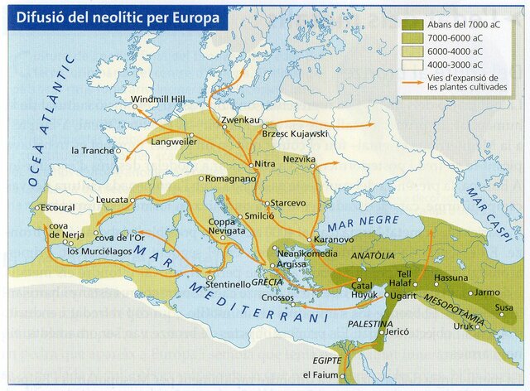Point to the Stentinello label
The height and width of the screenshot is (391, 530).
(x=224, y=284)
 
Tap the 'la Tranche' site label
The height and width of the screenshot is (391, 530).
(x=92, y=151)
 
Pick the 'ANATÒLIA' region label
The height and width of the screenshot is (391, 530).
(x=373, y=257)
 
